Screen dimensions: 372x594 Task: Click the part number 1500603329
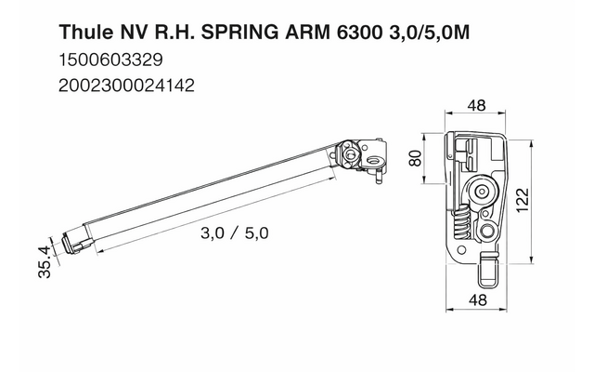point(110,61)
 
